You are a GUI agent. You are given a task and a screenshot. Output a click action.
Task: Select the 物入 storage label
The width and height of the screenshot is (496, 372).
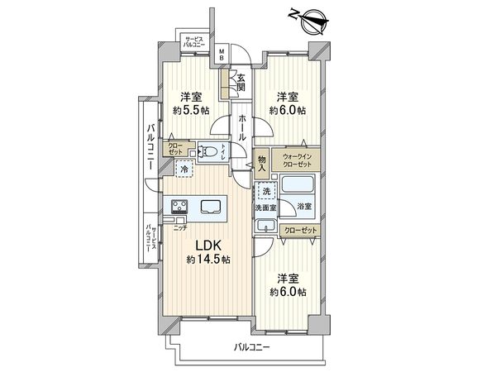point(261,161)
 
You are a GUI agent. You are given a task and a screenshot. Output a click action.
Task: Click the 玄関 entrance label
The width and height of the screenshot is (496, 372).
point(240,81)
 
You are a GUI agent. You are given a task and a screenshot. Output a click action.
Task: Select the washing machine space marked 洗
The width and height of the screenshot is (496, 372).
point(265,191)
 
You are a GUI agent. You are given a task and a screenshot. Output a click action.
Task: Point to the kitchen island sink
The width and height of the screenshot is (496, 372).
point(210,207)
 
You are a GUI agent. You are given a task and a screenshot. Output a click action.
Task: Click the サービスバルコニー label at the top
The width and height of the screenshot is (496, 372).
point(195,43)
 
